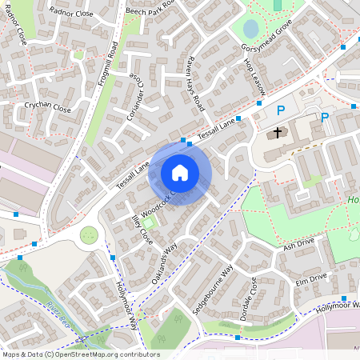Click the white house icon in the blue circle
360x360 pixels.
(180, 172)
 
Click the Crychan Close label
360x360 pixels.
(47, 106)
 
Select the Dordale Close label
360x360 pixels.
(250, 297)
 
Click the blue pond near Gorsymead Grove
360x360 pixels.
(250, 30)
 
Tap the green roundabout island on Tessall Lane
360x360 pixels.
(89, 235)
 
